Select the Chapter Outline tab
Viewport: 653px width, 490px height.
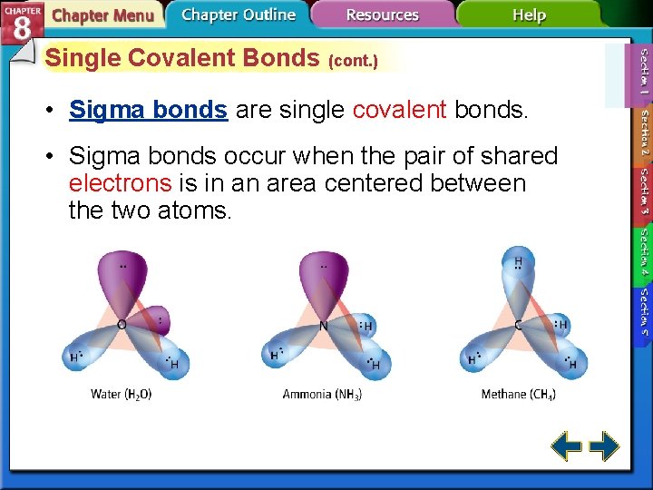point(238,15)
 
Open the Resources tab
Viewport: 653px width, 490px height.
point(382,15)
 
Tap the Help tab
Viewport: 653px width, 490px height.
point(529,15)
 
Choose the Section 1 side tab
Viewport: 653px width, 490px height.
point(643,73)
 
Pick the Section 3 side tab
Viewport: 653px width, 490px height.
point(643,191)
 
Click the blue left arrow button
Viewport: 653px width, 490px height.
point(567,446)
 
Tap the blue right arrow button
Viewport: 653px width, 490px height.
point(604,446)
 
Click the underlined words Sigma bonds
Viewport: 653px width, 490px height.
point(148,110)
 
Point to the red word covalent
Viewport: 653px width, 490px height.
point(399,110)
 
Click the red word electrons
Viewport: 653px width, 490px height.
point(120,183)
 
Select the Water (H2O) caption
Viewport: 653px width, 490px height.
point(122,395)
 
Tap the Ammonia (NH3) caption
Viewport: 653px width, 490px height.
point(322,395)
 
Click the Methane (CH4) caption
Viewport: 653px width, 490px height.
point(518,395)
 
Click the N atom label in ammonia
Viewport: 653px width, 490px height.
point(322,325)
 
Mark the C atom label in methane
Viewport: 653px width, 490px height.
point(517,325)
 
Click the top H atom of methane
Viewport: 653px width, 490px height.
point(518,263)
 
